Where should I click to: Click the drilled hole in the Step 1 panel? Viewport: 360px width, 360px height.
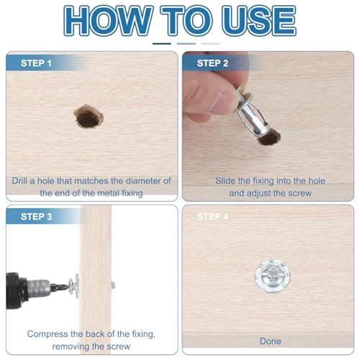[88, 117]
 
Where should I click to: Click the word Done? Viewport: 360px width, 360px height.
[270, 341]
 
